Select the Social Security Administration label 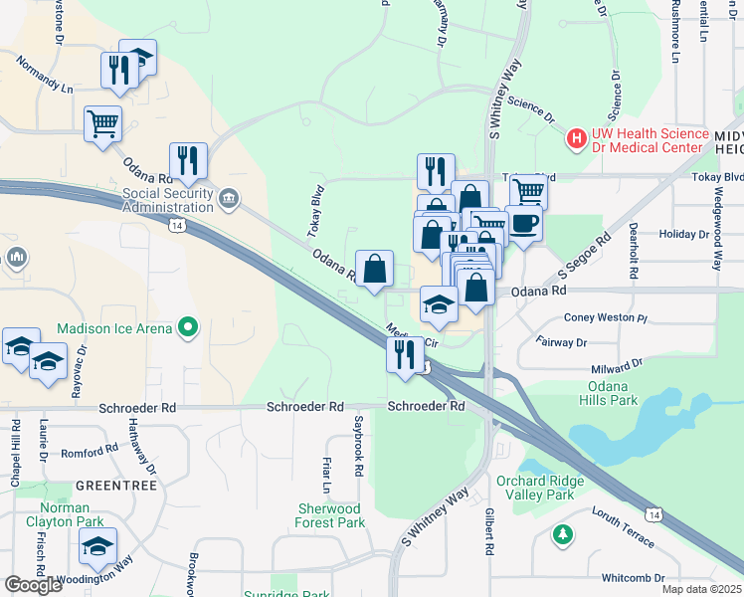tap(168, 201)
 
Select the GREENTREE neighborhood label tap(114, 485)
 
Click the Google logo tap(34, 585)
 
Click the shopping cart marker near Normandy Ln tap(102, 125)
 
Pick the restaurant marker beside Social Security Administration tap(188, 162)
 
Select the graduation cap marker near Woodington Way tap(97, 546)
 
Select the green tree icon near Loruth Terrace tap(564, 535)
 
